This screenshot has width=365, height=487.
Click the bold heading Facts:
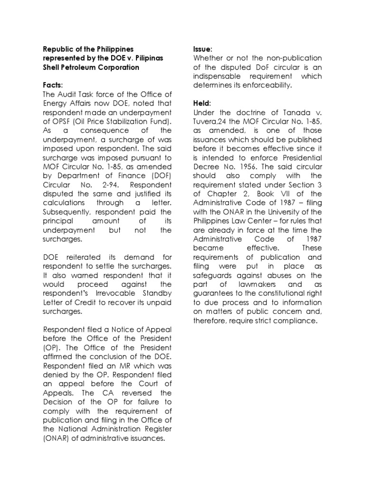coord(53,85)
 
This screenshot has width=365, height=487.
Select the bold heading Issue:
coord(203,49)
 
